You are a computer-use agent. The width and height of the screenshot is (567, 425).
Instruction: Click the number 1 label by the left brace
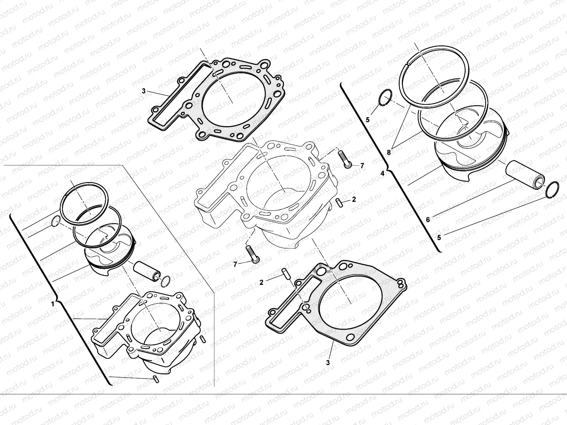[52, 304]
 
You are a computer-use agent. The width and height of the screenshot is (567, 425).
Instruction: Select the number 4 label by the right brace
[382, 174]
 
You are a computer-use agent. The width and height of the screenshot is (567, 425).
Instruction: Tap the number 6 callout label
[428, 220]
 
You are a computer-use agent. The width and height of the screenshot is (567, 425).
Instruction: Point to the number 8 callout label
[389, 152]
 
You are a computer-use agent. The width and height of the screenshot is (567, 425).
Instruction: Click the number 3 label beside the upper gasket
[144, 91]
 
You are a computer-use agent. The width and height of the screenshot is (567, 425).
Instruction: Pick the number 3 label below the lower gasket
[328, 363]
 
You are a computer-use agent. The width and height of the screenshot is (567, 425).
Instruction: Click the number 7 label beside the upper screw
[362, 165]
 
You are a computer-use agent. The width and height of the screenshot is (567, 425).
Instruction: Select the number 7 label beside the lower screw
[235, 264]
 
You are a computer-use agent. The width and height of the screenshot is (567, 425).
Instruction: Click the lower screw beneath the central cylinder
[252, 254]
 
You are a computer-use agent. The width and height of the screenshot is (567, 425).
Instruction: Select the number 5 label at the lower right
[439, 238]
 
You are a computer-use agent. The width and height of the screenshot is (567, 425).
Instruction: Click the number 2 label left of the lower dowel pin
[262, 282]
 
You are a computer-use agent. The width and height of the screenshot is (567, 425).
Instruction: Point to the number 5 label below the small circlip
[367, 120]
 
